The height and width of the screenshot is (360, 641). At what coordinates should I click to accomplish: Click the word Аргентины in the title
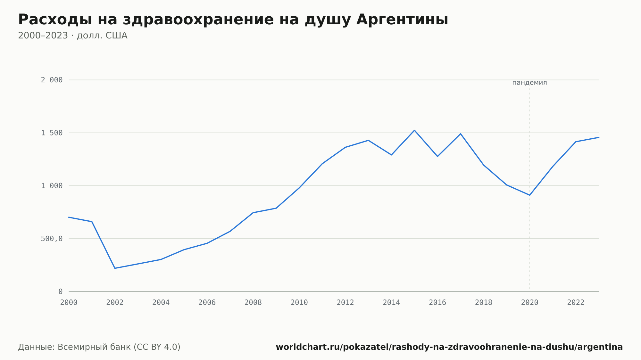coord(402,20)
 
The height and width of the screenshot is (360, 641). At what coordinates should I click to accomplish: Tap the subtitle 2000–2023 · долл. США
coord(73,36)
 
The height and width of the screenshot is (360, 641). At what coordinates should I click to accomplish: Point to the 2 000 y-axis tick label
coord(52,80)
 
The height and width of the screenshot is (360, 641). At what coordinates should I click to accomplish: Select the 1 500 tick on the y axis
coord(52,133)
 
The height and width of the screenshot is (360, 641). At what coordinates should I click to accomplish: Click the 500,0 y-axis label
coord(52,239)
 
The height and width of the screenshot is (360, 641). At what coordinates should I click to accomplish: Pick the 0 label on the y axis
coord(61,291)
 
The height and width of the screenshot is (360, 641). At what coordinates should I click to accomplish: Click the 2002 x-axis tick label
coord(115,303)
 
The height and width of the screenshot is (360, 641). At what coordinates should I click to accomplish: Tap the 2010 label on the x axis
coord(299,303)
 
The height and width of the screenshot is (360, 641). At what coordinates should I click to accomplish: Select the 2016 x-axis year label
coord(437,303)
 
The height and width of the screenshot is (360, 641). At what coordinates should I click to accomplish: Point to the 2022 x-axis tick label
coord(576,303)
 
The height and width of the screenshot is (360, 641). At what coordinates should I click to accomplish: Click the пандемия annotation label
coord(529,83)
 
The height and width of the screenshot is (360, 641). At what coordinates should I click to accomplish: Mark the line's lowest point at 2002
coord(115,268)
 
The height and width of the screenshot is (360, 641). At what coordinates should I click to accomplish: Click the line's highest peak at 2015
coord(414,130)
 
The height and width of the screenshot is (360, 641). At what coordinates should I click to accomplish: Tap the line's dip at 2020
coord(529,195)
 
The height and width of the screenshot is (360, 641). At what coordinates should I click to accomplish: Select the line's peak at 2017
coord(461,134)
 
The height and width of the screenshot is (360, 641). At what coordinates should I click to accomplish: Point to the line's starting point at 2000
coord(69,217)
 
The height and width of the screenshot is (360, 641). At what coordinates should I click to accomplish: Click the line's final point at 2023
coord(599,137)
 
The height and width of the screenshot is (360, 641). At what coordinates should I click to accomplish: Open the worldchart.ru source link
coord(449,347)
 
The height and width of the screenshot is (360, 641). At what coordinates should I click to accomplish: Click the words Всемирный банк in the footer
coord(94,347)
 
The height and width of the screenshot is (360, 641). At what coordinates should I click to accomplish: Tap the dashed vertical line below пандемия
coord(529,189)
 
